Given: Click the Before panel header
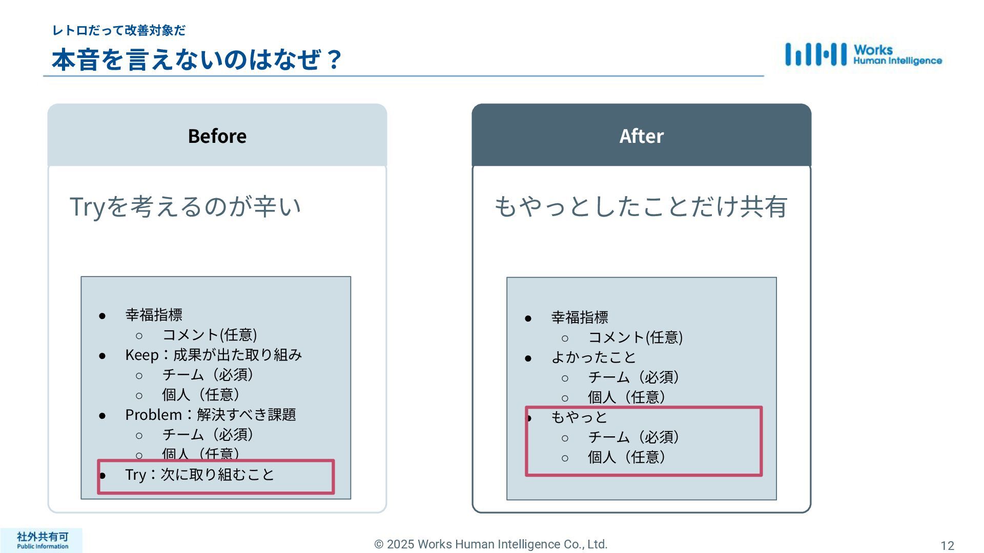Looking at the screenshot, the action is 217,136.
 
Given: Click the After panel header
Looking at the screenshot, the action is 641,136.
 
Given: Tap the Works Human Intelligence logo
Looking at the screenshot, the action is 864,55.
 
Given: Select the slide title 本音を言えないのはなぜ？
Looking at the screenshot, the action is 197,59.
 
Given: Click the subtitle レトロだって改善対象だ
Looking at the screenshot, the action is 119,31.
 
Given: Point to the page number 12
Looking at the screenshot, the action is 947,545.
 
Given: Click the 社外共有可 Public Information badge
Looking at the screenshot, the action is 42,540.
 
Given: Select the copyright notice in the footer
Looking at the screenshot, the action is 490,544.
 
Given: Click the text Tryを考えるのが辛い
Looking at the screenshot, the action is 185,207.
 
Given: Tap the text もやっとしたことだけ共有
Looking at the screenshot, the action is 641,207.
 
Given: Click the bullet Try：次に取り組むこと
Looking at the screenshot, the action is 200,475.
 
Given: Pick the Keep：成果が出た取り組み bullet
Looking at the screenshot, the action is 213,355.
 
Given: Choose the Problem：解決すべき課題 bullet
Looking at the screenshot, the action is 210,415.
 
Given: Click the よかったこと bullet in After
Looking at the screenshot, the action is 593,357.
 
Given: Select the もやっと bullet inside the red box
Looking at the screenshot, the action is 579,417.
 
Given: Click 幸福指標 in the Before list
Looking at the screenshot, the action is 154,315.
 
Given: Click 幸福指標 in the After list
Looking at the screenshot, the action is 580,317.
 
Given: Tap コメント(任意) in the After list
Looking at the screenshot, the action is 635,337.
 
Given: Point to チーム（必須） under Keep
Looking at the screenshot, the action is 208,375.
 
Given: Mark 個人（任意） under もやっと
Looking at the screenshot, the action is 626,457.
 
